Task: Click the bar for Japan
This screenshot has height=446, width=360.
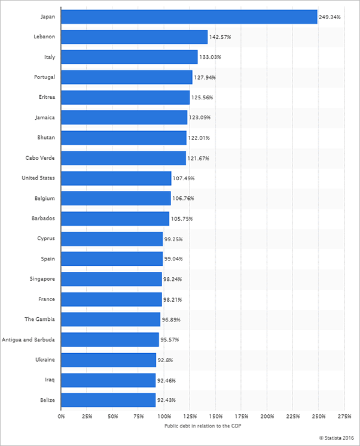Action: pyautogui.click(x=189, y=17)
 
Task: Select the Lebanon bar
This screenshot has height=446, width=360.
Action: pyautogui.click(x=134, y=37)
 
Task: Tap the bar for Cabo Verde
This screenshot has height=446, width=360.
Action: pyautogui.click(x=123, y=158)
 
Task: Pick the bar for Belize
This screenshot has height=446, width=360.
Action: pyautogui.click(x=108, y=401)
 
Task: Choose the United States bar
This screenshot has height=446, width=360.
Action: pyautogui.click(x=116, y=178)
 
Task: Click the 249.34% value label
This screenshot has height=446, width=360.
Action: pyautogui.click(x=330, y=17)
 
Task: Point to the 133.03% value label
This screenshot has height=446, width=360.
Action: pyautogui.click(x=210, y=57)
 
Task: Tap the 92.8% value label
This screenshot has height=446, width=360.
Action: pyautogui.click(x=166, y=360)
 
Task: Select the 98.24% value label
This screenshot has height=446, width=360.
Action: pyautogui.click(x=173, y=280)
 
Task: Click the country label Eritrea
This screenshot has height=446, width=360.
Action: pyautogui.click(x=45, y=98)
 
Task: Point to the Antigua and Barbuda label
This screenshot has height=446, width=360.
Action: pyautogui.click(x=29, y=340)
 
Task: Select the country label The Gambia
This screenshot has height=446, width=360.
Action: pyautogui.click(x=40, y=320)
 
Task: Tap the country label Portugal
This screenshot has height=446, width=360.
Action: pyautogui.click(x=45, y=77)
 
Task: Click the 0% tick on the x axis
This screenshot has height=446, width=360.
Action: pyautogui.click(x=61, y=415)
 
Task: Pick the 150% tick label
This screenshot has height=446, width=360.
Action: pyautogui.click(x=215, y=415)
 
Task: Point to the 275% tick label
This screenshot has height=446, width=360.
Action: pyautogui.click(x=344, y=415)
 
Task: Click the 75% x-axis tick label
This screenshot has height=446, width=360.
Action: pyautogui.click(x=138, y=415)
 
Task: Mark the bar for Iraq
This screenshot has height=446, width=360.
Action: pyautogui.click(x=108, y=380)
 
